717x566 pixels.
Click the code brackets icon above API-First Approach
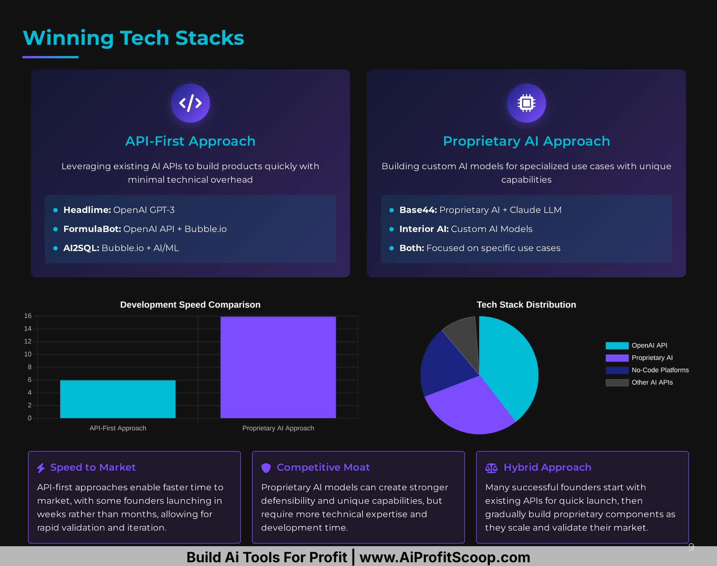coord(190,103)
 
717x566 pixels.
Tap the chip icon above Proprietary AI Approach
coord(527,103)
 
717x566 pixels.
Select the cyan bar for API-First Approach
coord(118,399)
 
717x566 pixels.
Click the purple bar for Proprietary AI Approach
coord(278,367)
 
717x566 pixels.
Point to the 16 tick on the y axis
coord(28,316)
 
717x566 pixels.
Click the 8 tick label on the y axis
coord(30,367)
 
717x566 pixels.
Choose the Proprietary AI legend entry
coord(639,358)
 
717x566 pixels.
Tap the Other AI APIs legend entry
coord(639,383)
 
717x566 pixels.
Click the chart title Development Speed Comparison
coord(190,305)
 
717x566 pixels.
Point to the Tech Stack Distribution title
coord(527,305)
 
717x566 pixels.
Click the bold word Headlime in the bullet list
coord(87,210)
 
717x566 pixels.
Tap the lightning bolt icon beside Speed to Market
coord(41,468)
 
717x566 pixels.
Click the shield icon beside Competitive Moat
coord(266,468)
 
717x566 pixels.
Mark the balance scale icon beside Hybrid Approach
coord(491,468)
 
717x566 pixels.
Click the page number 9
coord(691,547)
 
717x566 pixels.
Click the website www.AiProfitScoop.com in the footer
coord(445,557)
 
